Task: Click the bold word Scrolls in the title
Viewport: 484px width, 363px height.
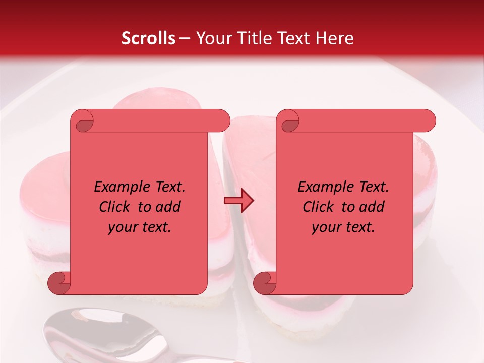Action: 148,38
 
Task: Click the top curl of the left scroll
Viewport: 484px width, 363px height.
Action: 82,122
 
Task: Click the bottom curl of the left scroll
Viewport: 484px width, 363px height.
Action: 59,283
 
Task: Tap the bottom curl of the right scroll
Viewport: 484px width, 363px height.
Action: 265,283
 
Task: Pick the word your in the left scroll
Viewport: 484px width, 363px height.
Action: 122,227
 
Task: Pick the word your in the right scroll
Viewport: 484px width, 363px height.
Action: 325,227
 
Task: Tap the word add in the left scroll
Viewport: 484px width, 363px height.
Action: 168,207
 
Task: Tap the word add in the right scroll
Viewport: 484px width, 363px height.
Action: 372,207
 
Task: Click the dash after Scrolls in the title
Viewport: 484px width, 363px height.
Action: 185,38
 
